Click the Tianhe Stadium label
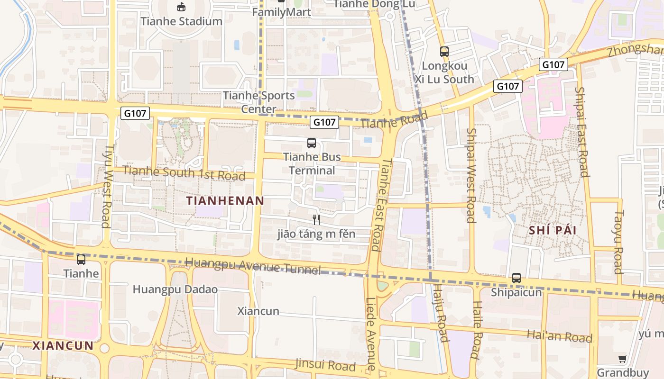[x=181, y=21]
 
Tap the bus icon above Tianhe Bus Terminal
[x=312, y=143]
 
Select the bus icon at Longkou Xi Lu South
[x=444, y=52]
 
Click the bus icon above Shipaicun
[x=516, y=278]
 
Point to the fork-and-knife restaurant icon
[x=316, y=219]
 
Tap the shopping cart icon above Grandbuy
[x=623, y=359]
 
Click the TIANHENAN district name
[x=225, y=200]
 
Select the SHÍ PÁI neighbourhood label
[x=553, y=231]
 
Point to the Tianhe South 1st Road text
[x=184, y=173]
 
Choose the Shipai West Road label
[x=470, y=175]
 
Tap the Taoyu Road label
[x=618, y=242]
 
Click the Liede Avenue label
[x=371, y=334]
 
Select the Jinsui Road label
[x=325, y=365]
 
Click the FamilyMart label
[x=281, y=12]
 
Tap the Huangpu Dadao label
[x=175, y=289]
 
